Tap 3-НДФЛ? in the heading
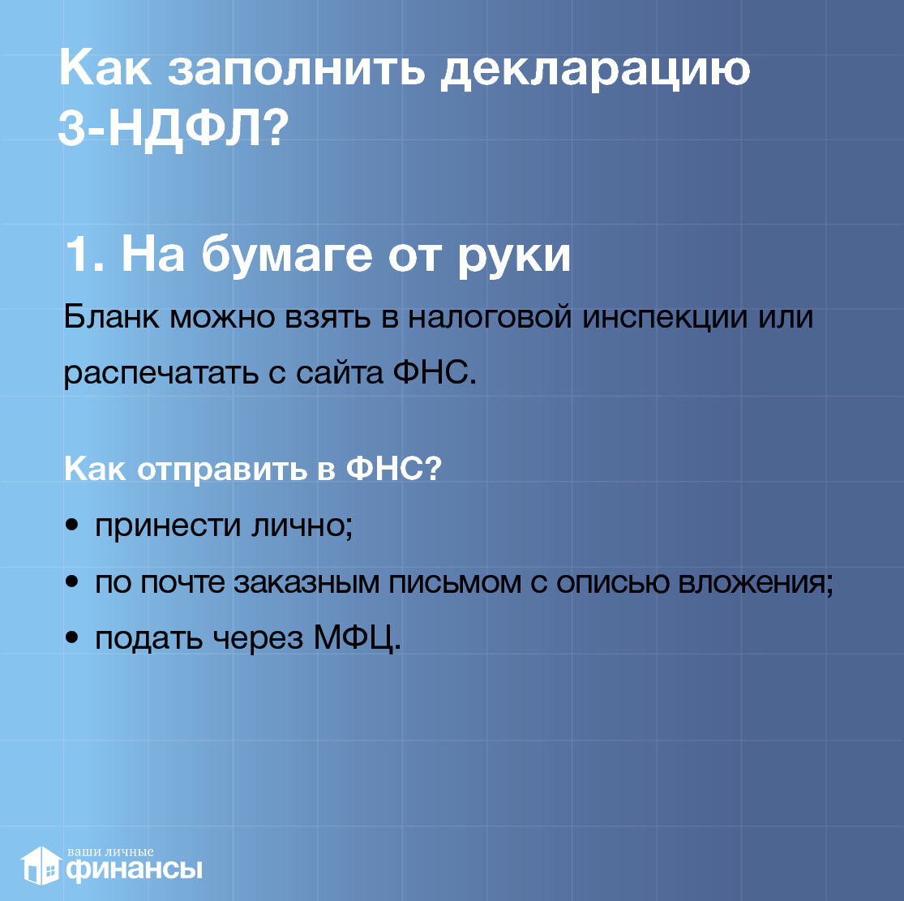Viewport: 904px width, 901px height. [173, 128]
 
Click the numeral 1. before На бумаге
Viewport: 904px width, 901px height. [84, 255]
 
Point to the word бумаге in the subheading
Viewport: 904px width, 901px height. [287, 255]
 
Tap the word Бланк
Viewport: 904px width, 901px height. [111, 316]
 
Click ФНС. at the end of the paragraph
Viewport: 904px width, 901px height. [435, 372]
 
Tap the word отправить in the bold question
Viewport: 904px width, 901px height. [222, 470]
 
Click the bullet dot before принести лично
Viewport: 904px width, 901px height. [71, 526]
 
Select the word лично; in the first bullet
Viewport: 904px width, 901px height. [302, 526]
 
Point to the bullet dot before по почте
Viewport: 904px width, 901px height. [71, 581]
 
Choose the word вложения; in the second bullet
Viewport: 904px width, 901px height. [756, 582]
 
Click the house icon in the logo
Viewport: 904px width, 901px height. [41, 865]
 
